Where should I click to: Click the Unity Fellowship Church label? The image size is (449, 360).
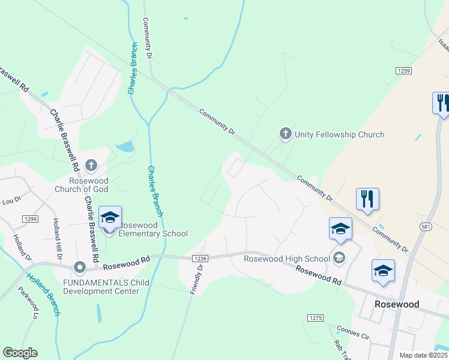pyautogui.click(x=339, y=134)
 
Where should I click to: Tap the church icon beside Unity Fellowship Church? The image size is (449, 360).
pyautogui.click(x=286, y=133)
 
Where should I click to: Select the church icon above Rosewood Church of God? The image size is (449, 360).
pyautogui.click(x=91, y=164)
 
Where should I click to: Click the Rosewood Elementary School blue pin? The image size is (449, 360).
pyautogui.click(x=110, y=218)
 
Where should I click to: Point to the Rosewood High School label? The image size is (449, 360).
pyautogui.click(x=287, y=259)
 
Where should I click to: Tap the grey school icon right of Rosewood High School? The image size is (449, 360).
pyautogui.click(x=339, y=259)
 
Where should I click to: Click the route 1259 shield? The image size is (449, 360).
pyautogui.click(x=403, y=71)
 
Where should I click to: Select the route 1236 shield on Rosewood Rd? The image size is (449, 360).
pyautogui.click(x=200, y=259)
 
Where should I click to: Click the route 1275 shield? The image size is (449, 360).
pyautogui.click(x=315, y=317)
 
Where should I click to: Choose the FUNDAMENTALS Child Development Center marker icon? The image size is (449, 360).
pyautogui.click(x=79, y=266)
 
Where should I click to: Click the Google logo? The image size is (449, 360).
pyautogui.click(x=20, y=353)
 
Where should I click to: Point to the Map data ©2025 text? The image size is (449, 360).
pyautogui.click(x=423, y=355)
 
